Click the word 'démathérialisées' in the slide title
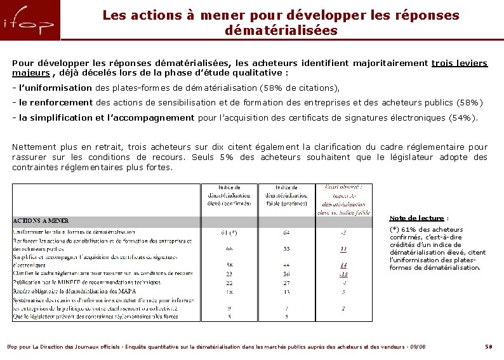(281, 30)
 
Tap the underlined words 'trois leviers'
(459, 63)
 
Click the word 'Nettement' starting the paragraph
(35, 147)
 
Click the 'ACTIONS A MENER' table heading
(41, 221)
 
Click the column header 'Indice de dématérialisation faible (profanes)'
(288, 196)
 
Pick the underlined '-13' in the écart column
(343, 273)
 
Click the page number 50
(488, 347)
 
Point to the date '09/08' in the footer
(417, 347)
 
